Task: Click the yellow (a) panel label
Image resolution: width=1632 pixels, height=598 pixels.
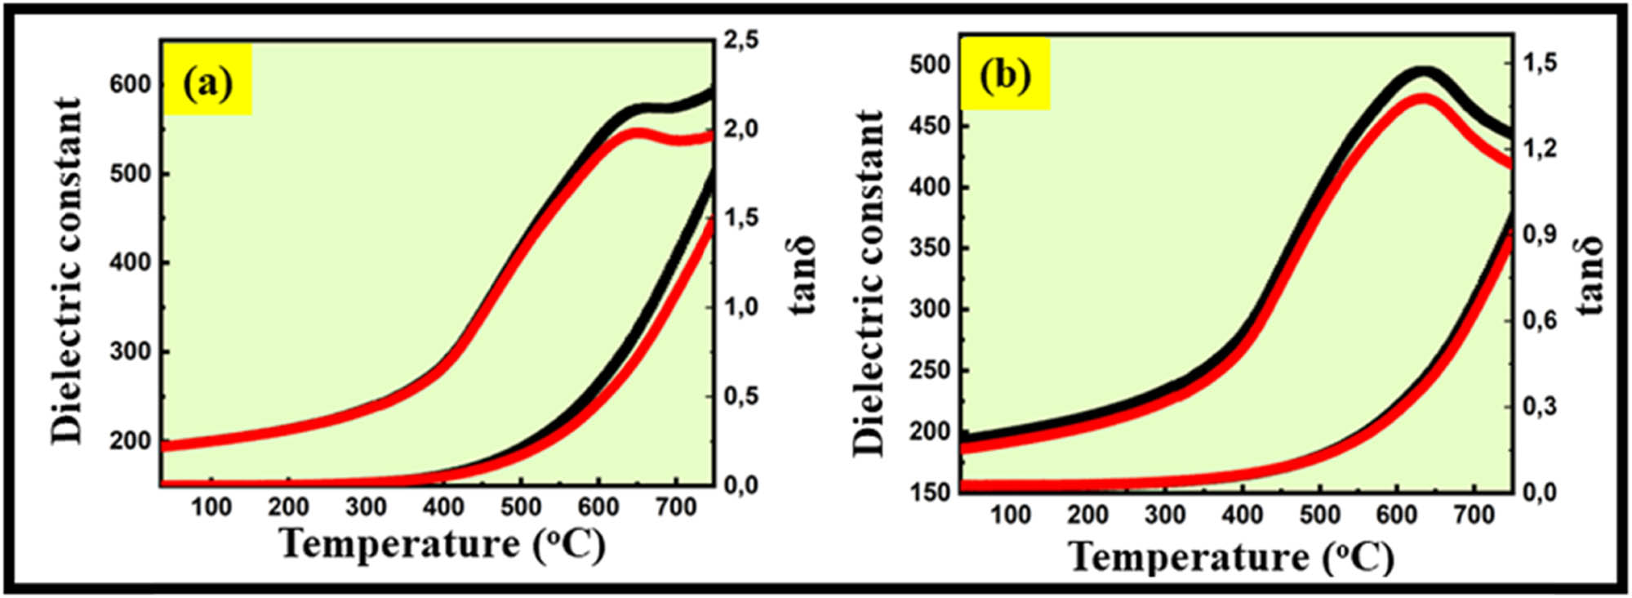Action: [207, 83]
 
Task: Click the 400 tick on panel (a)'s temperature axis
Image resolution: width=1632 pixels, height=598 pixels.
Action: [443, 507]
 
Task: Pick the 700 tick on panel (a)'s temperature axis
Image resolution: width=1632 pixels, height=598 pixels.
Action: [676, 507]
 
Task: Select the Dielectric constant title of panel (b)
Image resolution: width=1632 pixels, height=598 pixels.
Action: [869, 283]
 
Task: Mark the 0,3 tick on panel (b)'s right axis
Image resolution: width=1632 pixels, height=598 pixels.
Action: [1540, 407]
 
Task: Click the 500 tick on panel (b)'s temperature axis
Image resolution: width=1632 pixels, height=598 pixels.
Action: [1320, 515]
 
